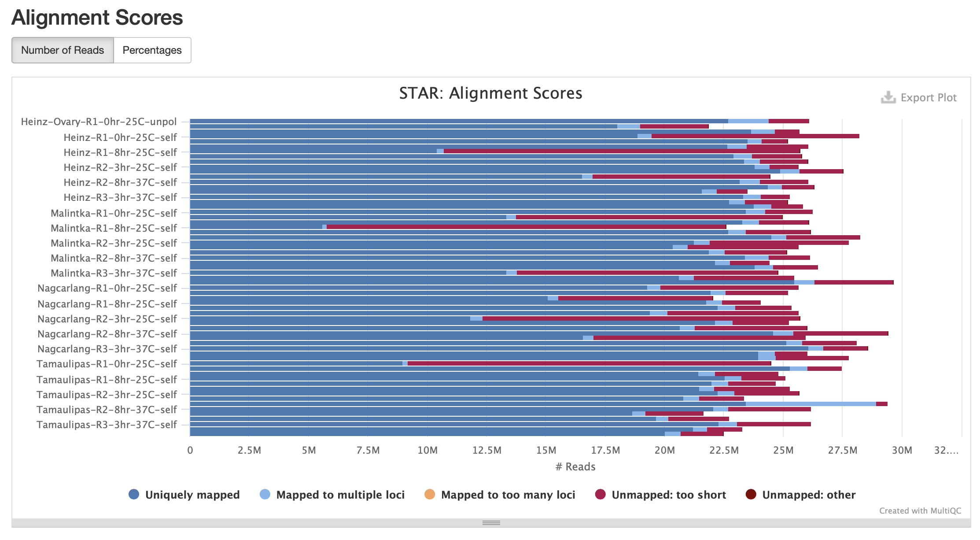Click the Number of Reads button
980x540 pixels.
[63, 50]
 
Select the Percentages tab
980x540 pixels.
[152, 50]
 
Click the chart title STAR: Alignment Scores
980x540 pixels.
[490, 93]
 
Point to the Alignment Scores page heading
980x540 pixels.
[97, 18]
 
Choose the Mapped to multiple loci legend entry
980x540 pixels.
[332, 495]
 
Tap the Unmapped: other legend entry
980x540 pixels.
[801, 495]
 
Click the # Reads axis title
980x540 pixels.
[575, 467]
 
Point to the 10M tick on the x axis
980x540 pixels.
[427, 450]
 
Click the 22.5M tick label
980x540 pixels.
[724, 450]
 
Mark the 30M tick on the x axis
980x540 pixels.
[902, 450]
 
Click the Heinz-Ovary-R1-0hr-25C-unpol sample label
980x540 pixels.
[99, 122]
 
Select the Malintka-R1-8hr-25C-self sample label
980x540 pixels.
[114, 228]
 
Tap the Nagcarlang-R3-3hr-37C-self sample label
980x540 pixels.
[107, 349]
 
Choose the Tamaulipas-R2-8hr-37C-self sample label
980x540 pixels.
[107, 410]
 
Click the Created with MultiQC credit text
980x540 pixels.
[920, 510]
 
